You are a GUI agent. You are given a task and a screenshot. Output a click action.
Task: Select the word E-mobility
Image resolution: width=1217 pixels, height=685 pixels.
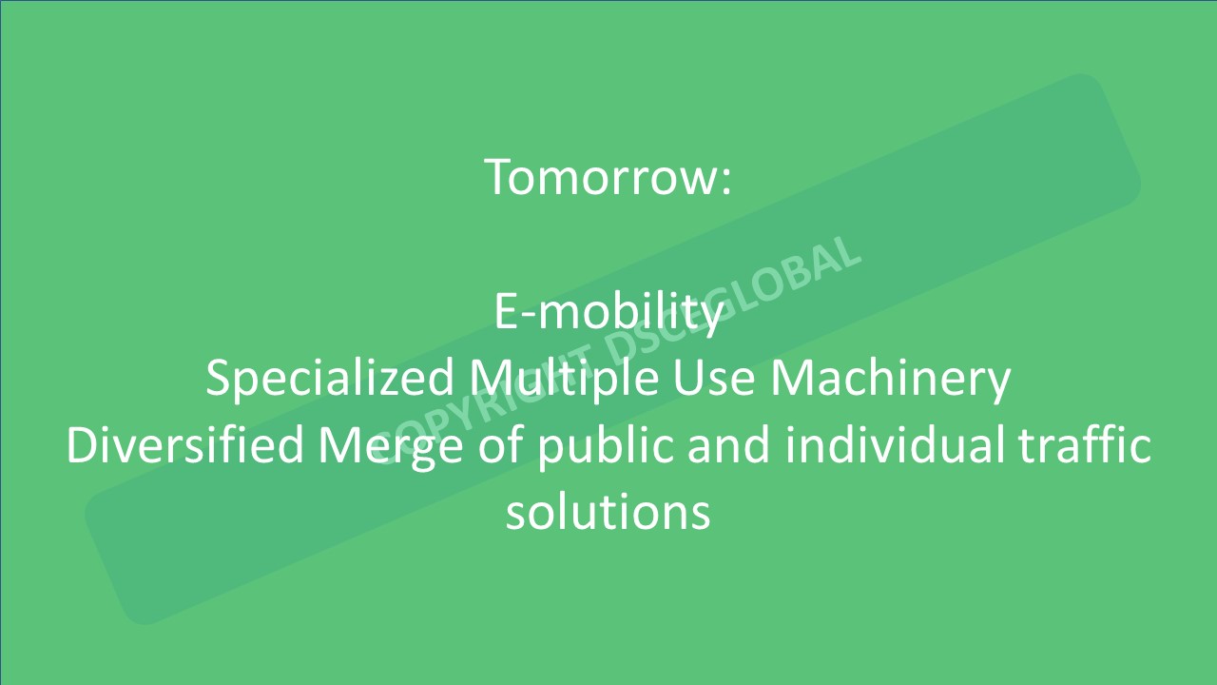point(608,312)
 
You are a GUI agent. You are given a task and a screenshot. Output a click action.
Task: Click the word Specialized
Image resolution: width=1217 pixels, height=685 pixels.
point(330,379)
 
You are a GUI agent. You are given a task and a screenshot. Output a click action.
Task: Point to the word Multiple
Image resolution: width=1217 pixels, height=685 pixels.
point(565,379)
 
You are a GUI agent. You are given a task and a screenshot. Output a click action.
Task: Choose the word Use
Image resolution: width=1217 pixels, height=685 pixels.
point(714,378)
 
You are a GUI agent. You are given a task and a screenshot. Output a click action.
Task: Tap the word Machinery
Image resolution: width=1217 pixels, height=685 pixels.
point(891,380)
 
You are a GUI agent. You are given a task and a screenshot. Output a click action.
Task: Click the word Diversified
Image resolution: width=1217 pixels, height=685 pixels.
point(184,445)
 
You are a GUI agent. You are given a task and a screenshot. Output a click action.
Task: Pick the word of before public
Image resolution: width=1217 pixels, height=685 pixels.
point(500,445)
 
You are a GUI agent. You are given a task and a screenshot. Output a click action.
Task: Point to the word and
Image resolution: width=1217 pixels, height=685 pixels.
point(729,445)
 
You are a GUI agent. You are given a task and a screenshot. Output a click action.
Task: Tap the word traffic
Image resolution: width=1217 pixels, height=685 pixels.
point(1084,445)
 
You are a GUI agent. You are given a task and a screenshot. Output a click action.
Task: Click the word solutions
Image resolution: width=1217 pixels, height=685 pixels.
point(608,512)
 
